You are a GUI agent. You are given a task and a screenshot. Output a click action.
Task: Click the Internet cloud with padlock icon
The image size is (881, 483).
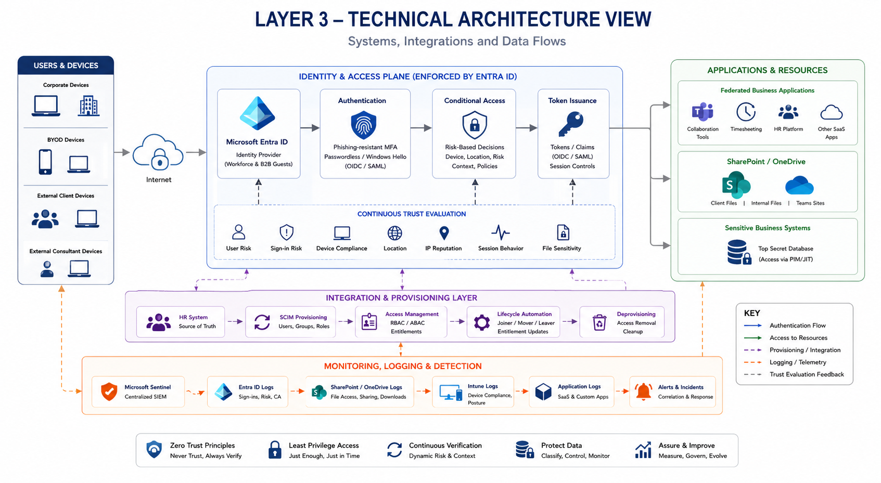pyautogui.click(x=158, y=152)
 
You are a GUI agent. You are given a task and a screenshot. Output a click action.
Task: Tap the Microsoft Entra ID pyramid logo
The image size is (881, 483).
pyautogui.click(x=257, y=113)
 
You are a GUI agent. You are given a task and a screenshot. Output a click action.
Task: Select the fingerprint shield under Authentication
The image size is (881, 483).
pyautogui.click(x=363, y=125)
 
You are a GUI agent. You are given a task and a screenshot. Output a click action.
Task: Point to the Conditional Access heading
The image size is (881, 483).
pyautogui.click(x=474, y=101)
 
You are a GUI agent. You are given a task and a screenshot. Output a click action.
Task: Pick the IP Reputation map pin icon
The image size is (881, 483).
pyautogui.click(x=443, y=233)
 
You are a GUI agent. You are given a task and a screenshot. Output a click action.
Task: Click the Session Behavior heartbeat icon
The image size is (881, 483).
pyautogui.click(x=500, y=232)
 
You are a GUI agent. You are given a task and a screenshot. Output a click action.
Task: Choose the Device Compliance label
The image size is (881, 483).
pyautogui.click(x=341, y=249)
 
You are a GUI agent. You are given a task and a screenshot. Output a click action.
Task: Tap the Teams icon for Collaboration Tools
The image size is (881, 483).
pyautogui.click(x=702, y=112)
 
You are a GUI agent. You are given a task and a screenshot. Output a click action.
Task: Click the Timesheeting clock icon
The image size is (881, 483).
pyautogui.click(x=746, y=112)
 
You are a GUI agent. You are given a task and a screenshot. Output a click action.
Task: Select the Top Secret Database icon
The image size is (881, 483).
pyautogui.click(x=738, y=252)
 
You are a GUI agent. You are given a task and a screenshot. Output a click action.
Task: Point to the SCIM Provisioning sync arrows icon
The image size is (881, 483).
pyautogui.click(x=262, y=322)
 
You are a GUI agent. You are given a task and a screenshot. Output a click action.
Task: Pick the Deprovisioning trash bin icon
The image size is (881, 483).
pyautogui.click(x=599, y=322)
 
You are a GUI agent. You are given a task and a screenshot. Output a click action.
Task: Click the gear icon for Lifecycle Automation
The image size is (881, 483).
pyautogui.click(x=481, y=322)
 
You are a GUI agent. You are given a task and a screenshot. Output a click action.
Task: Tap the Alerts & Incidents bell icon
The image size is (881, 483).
pyautogui.click(x=643, y=391)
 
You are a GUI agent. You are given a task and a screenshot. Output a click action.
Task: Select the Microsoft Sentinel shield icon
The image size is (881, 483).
pyautogui.click(x=109, y=391)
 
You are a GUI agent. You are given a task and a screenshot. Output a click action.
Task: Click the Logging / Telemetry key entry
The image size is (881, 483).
pyautogui.click(x=797, y=362)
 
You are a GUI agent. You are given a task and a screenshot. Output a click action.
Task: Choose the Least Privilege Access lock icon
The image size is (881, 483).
pyautogui.click(x=274, y=450)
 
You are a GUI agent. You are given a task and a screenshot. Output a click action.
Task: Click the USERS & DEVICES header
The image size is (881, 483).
pyautogui.click(x=66, y=66)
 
